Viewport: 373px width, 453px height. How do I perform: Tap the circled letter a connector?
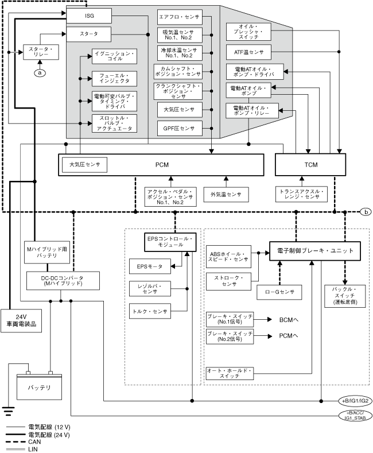(x=40, y=72)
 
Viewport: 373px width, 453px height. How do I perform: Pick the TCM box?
(x=310, y=165)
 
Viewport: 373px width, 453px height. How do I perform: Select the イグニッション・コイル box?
(x=114, y=57)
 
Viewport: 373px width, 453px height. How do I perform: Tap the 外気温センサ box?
(x=226, y=194)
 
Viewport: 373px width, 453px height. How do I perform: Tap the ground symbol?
(x=8, y=409)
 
